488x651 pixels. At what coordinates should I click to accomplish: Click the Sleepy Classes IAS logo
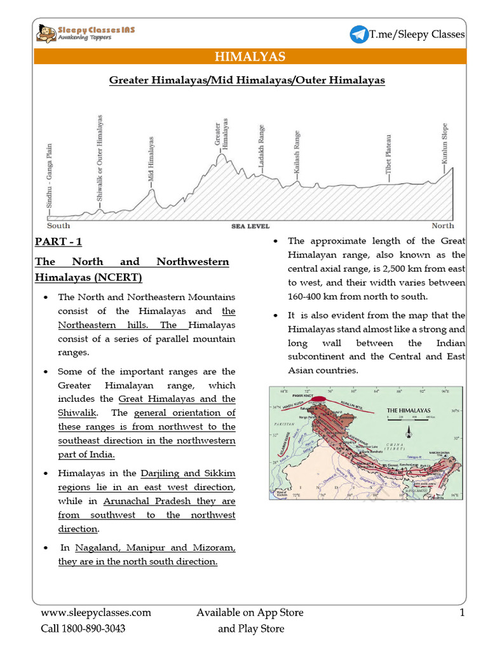point(85,33)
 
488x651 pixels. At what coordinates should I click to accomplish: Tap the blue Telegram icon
point(358,34)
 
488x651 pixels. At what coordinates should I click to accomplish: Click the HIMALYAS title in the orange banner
point(250,57)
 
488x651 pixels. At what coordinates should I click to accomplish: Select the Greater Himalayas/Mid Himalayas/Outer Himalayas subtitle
point(247,81)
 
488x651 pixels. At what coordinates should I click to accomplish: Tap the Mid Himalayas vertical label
point(151,160)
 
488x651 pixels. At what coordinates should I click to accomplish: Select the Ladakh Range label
point(261,147)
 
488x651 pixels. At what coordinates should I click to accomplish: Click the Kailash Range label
point(297,152)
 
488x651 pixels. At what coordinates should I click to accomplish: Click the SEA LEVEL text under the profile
point(250,226)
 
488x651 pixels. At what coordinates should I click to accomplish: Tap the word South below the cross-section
point(58,226)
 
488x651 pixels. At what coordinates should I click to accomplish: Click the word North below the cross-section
point(443,226)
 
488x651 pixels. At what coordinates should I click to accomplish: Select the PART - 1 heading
point(58,242)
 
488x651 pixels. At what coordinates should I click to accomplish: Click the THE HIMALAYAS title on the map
point(409,411)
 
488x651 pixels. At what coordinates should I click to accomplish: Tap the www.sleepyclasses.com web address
point(96,613)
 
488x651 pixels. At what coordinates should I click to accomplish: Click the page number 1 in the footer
point(462,613)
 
